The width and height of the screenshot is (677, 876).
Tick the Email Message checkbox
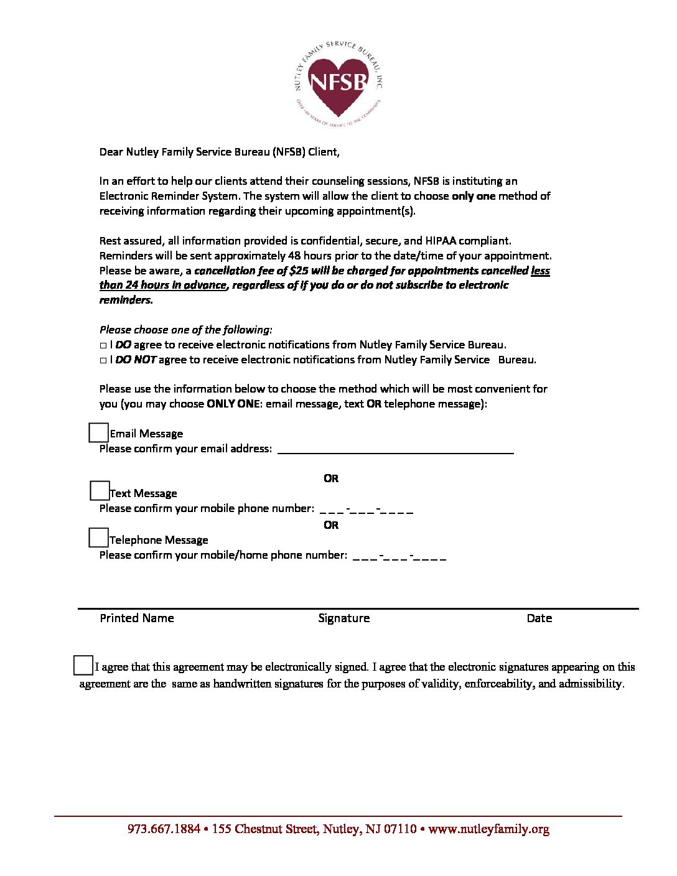point(98,432)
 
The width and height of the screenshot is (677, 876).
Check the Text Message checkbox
point(100,491)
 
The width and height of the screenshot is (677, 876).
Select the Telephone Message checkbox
point(98,538)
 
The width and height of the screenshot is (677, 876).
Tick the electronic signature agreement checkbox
point(83,665)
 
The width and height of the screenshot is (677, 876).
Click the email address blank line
point(395,449)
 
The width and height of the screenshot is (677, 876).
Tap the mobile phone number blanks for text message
point(367,509)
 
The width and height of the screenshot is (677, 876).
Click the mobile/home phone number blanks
point(399,556)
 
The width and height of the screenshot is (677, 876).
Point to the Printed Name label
point(137,618)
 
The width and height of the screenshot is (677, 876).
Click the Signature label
point(343,618)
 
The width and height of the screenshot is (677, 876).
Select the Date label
point(539,618)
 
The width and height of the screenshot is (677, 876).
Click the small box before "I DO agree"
point(103,345)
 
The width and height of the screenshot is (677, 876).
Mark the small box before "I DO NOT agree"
point(103,360)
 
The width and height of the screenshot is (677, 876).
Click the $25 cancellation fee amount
point(299,271)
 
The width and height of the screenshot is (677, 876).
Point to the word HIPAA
point(441,241)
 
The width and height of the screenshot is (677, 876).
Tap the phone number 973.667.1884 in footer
point(164,829)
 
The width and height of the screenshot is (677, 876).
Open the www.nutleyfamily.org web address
point(488,829)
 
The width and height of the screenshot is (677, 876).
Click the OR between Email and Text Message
point(331,478)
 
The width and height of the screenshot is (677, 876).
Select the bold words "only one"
point(474,196)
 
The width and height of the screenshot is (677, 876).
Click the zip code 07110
point(400,829)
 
